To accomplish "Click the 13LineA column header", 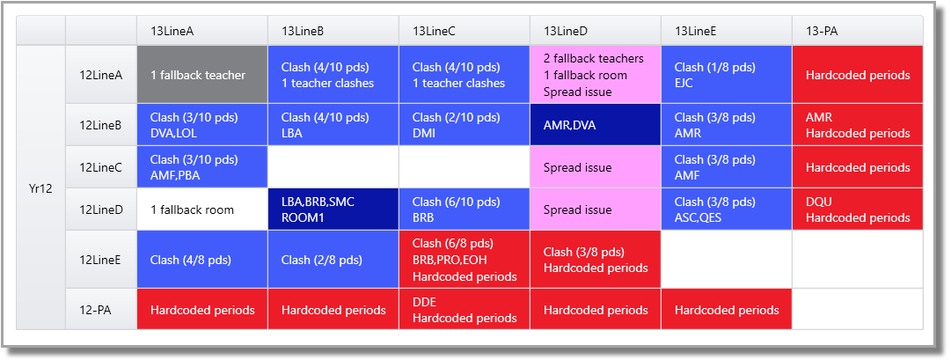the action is coord(202,31).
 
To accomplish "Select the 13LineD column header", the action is coord(595,31).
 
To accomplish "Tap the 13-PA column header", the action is coord(857,31).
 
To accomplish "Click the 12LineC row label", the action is coord(101,167).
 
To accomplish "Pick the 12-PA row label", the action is coord(101,309).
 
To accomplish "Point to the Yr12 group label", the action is coord(40,187).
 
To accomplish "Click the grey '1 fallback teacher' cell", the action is coord(202,75).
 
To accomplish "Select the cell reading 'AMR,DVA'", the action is coord(595,124).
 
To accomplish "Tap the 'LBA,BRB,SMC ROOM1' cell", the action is coord(333,209).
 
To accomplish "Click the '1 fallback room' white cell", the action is coord(202,209).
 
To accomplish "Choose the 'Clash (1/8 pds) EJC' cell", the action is coord(726,75).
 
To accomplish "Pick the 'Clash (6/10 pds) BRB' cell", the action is coord(464,209).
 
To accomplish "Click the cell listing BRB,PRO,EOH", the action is coord(464,260).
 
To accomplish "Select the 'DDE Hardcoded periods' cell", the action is coord(464,309).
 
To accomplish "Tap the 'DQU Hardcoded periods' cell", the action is coord(857,209).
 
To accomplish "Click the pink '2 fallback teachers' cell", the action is coord(595,75).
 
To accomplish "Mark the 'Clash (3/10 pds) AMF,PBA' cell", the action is coord(202,167).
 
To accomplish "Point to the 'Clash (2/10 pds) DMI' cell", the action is coord(464,124).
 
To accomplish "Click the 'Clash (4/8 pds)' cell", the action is coord(202,260).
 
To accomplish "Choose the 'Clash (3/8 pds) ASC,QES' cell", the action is coord(726,209).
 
